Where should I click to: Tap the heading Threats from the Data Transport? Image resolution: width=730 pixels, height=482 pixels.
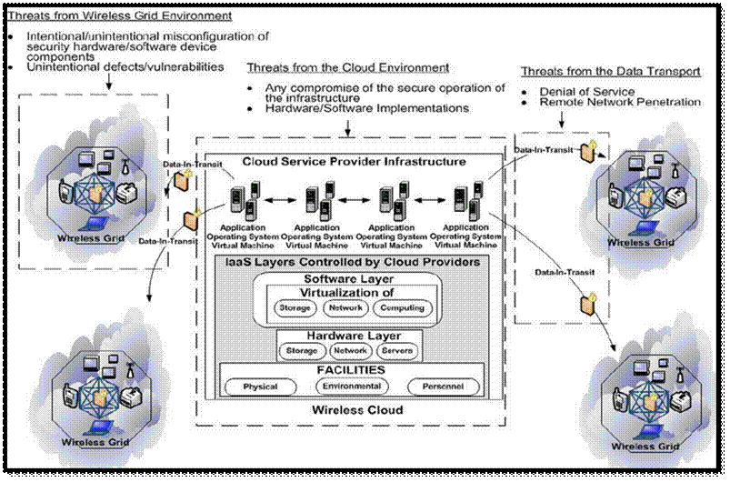pyautogui.click(x=612, y=71)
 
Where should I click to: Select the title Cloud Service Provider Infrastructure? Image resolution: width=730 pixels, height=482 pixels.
pyautogui.click(x=355, y=162)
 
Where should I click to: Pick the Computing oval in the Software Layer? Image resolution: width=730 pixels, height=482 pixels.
pyautogui.click(x=402, y=308)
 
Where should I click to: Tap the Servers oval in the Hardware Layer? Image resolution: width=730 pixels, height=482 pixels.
pyautogui.click(x=397, y=351)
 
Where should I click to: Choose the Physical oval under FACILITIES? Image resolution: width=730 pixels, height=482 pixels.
pyautogui.click(x=260, y=387)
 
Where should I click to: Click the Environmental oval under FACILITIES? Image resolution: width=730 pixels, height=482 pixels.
pyautogui.click(x=349, y=387)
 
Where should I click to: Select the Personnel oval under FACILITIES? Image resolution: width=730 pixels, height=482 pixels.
pyautogui.click(x=443, y=387)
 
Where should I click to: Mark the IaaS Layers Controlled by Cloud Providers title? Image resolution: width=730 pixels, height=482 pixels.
pyautogui.click(x=354, y=262)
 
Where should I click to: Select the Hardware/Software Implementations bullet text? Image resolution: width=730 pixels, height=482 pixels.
pyautogui.click(x=359, y=108)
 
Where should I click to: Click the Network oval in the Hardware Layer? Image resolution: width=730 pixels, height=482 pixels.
pyautogui.click(x=349, y=351)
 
